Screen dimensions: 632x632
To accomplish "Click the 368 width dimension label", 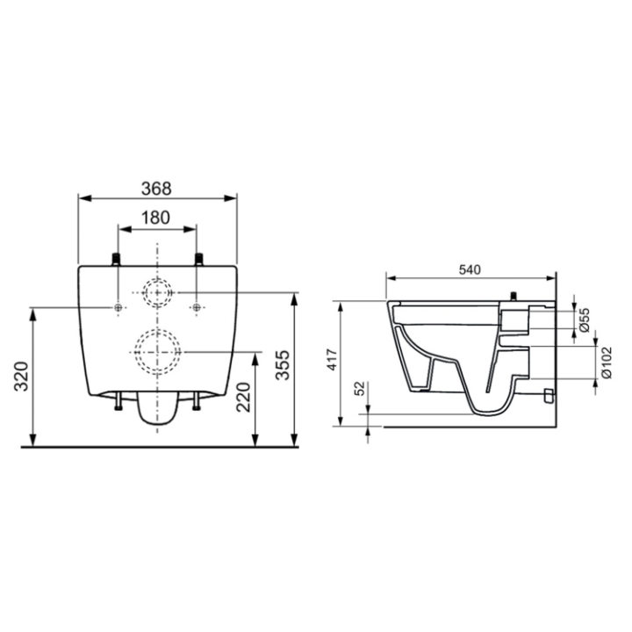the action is [x=156, y=188].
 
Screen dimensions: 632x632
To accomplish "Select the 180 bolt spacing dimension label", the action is [x=155, y=218].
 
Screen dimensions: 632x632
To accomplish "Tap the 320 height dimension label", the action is [x=21, y=377].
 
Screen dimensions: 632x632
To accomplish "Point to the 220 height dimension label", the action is [x=243, y=397].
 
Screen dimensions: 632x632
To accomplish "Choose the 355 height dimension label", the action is [x=283, y=365].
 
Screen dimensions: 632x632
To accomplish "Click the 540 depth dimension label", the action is [x=470, y=269].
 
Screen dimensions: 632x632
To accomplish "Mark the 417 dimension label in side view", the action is [x=332, y=360].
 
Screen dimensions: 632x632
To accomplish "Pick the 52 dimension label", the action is [x=360, y=388].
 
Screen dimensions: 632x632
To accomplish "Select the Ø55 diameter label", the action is [x=585, y=320].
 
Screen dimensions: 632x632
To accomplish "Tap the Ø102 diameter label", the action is [x=607, y=363].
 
